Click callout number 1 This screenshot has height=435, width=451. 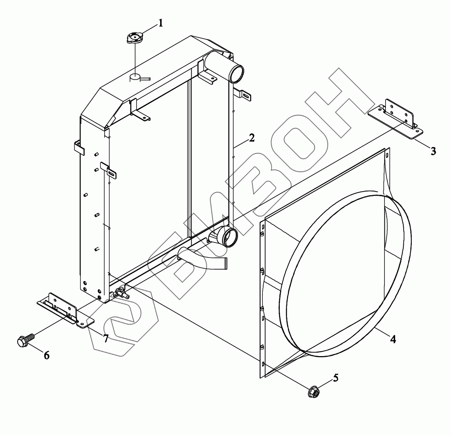click(160, 23)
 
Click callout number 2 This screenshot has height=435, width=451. click(252, 138)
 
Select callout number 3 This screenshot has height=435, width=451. click(433, 151)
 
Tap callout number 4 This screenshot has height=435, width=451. click(393, 339)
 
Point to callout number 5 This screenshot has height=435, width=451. click(336, 378)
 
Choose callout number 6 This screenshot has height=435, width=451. click(47, 355)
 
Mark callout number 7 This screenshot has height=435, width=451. click(106, 339)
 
